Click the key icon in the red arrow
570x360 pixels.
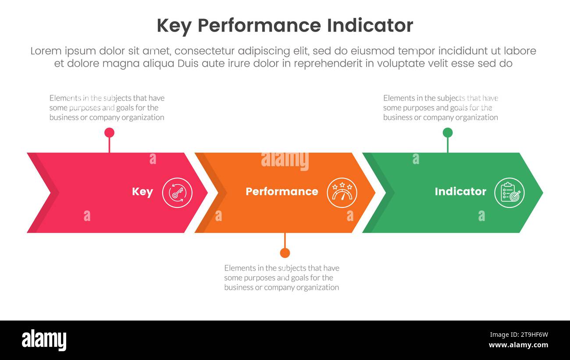[177, 192]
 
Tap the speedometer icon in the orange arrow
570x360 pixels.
[342, 192]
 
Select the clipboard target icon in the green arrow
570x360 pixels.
[509, 192]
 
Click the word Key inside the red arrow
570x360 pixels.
[142, 192]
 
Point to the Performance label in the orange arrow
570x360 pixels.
[282, 192]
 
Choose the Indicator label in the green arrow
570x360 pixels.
[460, 192]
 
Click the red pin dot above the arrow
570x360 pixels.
[109, 132]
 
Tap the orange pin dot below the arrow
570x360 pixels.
[285, 253]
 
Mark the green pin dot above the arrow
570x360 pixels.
[448, 132]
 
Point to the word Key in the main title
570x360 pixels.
[174, 25]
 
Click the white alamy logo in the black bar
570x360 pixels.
[44, 340]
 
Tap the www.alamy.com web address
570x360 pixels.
[518, 345]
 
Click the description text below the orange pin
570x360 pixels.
[281, 278]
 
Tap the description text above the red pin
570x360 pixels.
[107, 107]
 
